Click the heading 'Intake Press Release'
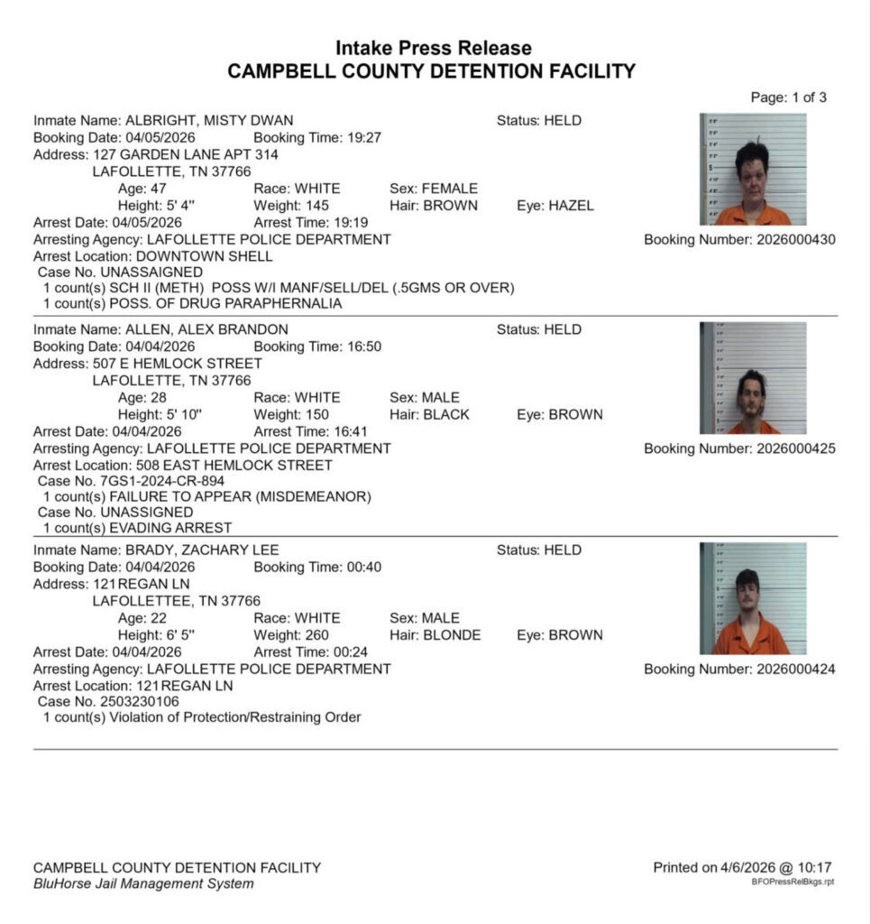(433, 48)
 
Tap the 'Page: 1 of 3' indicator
(788, 97)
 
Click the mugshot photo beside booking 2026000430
(753, 169)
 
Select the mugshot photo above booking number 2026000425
(753, 378)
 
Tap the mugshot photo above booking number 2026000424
(753, 598)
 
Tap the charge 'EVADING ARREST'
(170, 528)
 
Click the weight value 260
(317, 635)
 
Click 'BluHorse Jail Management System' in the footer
(142, 883)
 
